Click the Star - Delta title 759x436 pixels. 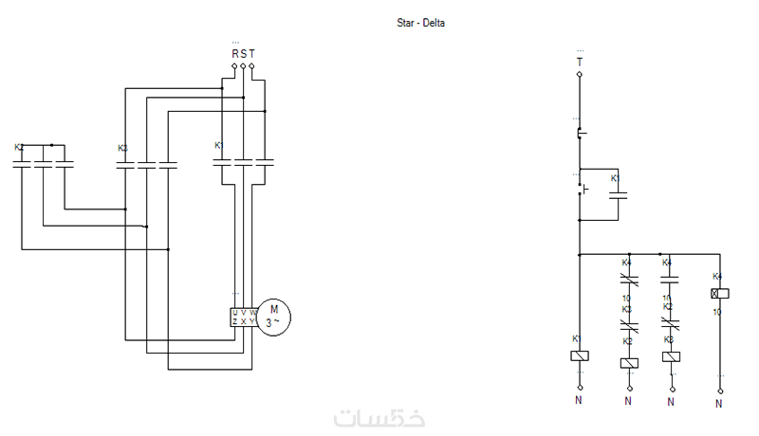coord(420,23)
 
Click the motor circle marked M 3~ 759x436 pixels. coord(274,316)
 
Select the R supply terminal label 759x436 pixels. coord(234,54)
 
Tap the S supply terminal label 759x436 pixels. coord(243,54)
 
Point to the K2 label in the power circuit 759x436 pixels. coord(19,148)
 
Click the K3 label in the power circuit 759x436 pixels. coord(122,149)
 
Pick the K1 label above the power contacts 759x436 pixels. coord(218,146)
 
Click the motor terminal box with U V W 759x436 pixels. coord(243,317)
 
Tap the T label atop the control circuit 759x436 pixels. coord(580,62)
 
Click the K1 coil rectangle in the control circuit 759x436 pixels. coord(580,355)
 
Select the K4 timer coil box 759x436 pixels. coord(718,294)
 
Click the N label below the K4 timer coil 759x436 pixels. coord(718,403)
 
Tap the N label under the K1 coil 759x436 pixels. coord(580,401)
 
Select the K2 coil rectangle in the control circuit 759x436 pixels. coord(628,362)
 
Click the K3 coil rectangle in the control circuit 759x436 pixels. coord(672,356)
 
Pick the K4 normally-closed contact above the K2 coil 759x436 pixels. coord(628,280)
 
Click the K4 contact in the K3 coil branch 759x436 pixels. coord(672,280)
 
